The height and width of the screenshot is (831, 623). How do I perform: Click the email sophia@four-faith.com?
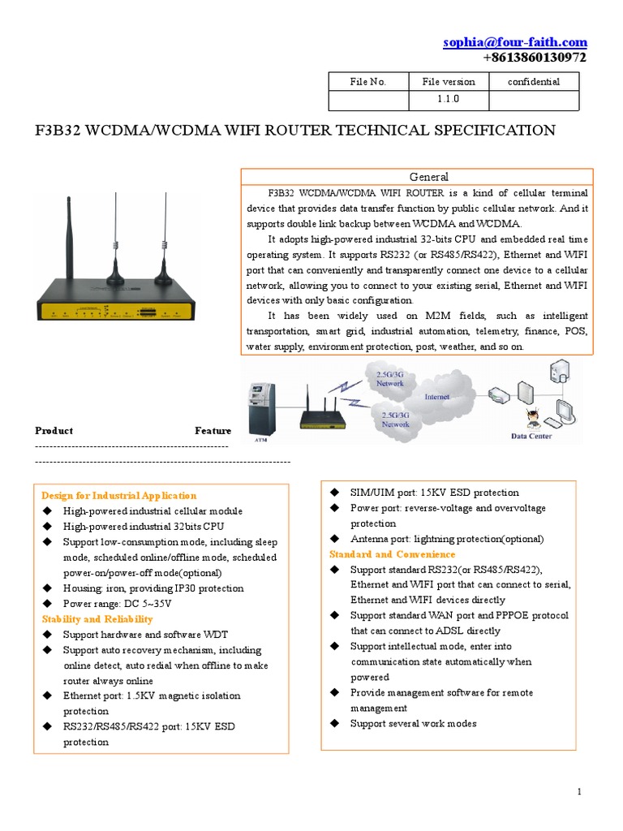coord(514,42)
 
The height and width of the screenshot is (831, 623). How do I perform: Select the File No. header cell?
coord(367,81)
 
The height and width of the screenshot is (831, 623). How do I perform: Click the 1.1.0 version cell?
coord(448,100)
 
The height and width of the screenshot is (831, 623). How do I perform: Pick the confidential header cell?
coord(533,81)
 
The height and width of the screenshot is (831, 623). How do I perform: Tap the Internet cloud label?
coord(437,397)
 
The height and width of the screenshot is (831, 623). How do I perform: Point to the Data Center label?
coord(531,436)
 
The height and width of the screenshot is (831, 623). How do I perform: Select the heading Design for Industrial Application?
coord(119,496)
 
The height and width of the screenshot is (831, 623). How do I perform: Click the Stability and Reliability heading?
coord(97,619)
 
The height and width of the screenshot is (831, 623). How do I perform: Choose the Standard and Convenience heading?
coord(393,554)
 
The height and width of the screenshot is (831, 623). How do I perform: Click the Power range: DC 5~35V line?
coord(118,604)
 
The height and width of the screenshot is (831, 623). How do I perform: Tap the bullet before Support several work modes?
coord(334,724)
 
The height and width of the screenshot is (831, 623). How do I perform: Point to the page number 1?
coord(580,791)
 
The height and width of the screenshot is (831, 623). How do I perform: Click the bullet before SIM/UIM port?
coord(334,493)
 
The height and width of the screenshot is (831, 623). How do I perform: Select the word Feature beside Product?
coord(213,431)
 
